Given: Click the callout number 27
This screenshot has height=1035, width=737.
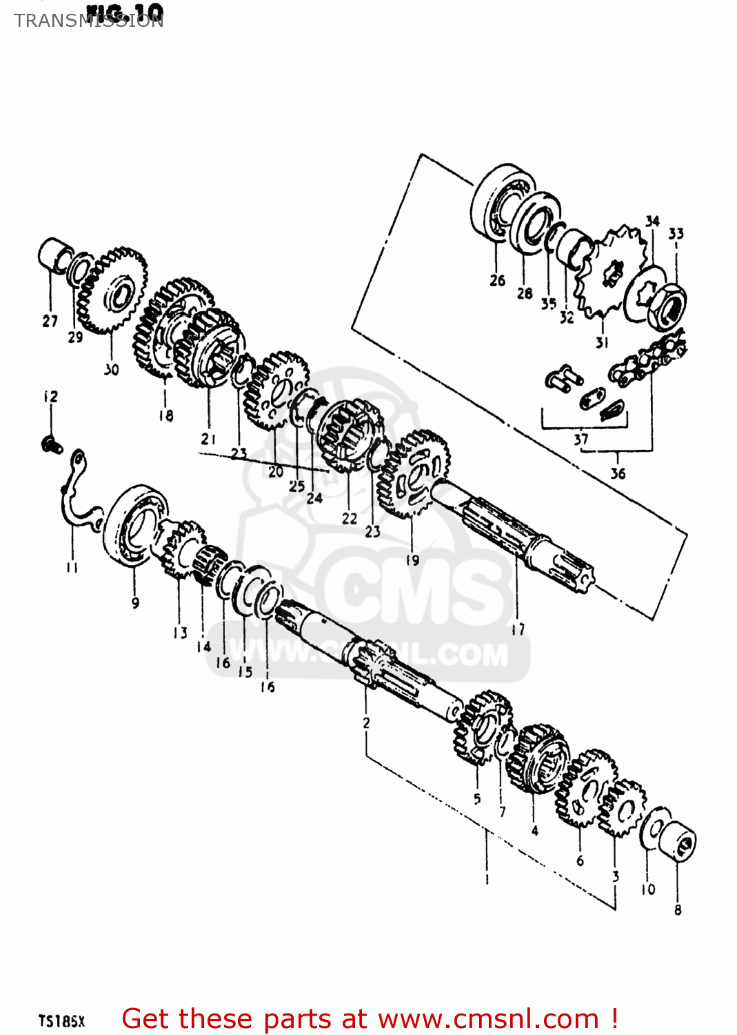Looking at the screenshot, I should [x=50, y=321].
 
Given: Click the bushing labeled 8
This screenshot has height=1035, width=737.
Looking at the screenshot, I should [x=678, y=839].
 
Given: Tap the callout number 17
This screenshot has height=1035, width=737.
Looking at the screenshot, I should [x=518, y=629].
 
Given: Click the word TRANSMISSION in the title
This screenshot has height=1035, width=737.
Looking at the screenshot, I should [x=88, y=21].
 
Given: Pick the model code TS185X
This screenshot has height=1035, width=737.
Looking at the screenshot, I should [x=61, y=1021].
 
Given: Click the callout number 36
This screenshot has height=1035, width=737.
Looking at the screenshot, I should [x=618, y=473].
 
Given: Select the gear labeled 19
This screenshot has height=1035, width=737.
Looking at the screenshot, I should [x=413, y=473].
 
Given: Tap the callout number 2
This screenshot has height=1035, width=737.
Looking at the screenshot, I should [x=366, y=722].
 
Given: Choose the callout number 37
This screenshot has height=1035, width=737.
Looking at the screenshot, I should [x=581, y=438].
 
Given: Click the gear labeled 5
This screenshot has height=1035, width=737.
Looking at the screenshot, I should [x=483, y=728].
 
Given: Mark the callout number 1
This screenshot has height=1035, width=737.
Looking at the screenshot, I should [x=487, y=879].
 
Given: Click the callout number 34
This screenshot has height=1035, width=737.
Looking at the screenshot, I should [x=652, y=221].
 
